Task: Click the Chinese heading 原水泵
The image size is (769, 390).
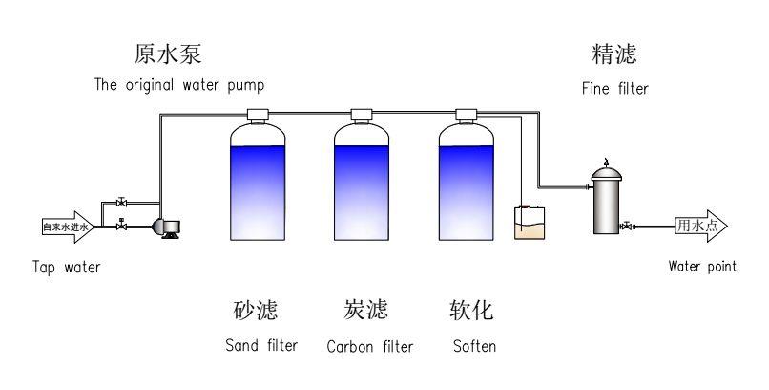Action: click(x=168, y=52)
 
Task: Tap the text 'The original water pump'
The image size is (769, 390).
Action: click(x=178, y=85)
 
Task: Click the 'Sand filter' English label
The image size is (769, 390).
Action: click(x=261, y=345)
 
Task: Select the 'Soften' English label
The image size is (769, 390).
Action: click(x=474, y=345)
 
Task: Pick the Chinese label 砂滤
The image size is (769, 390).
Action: click(x=256, y=310)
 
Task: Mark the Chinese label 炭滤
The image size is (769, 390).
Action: click(x=366, y=310)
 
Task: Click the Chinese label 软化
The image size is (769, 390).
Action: click(x=472, y=310)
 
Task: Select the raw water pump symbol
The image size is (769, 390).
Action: click(x=170, y=227)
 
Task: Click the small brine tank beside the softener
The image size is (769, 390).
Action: click(x=527, y=222)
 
